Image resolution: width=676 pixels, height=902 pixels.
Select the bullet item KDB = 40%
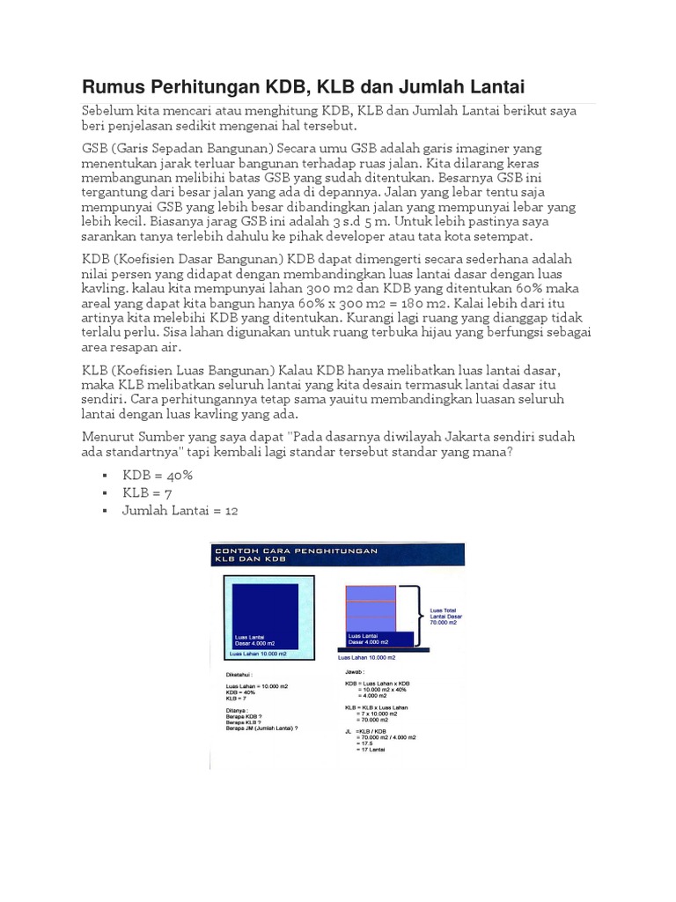pyautogui.click(x=158, y=475)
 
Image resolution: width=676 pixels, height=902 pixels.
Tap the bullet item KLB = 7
pyautogui.click(x=147, y=492)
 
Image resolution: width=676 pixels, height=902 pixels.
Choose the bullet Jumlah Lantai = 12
pyautogui.click(x=180, y=510)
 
